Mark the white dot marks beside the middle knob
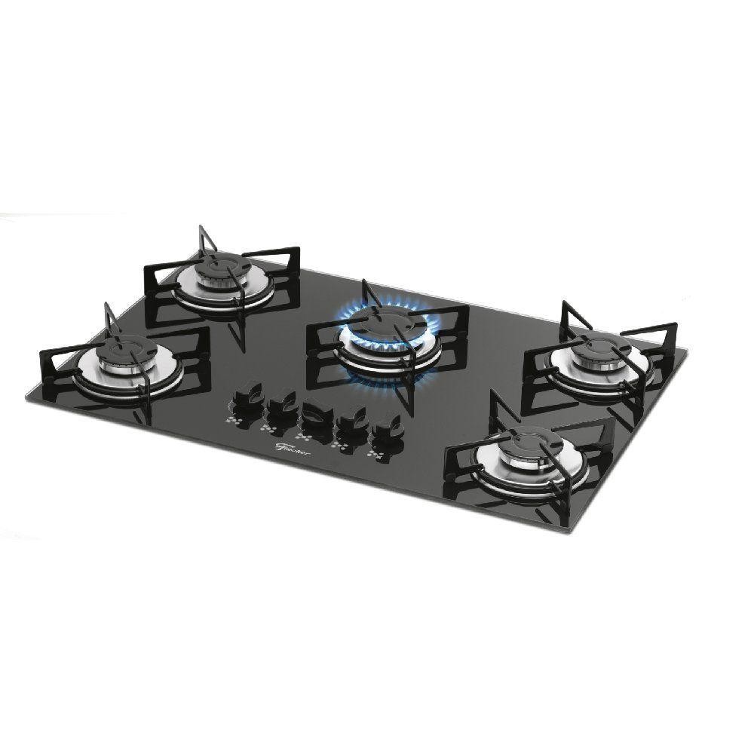(x=305, y=438)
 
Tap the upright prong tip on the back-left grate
(x=201, y=226)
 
